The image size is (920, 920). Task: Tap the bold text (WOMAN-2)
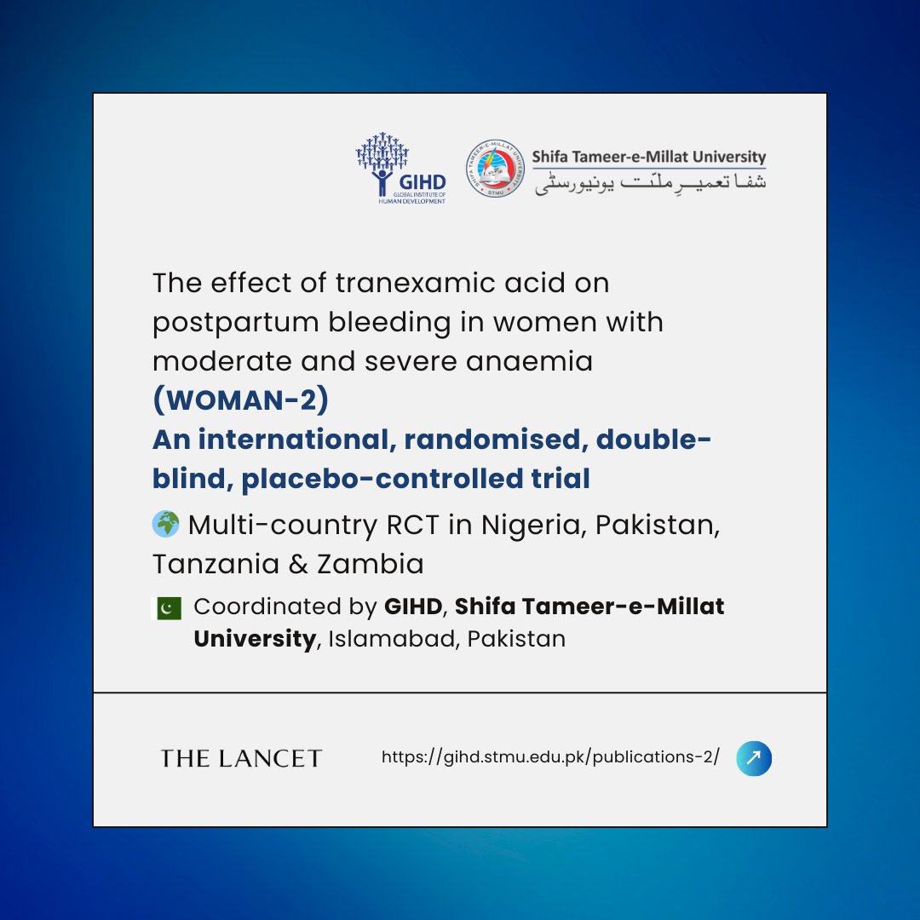click(x=240, y=400)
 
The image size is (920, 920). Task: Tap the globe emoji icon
click(x=166, y=523)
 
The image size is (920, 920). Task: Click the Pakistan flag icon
click(x=167, y=607)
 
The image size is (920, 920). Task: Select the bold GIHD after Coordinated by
click(x=412, y=607)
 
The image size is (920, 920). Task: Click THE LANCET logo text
click(x=241, y=758)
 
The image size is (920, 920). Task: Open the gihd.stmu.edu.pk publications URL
click(x=550, y=756)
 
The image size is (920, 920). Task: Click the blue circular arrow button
click(x=755, y=758)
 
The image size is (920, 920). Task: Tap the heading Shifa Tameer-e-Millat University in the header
click(x=649, y=157)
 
